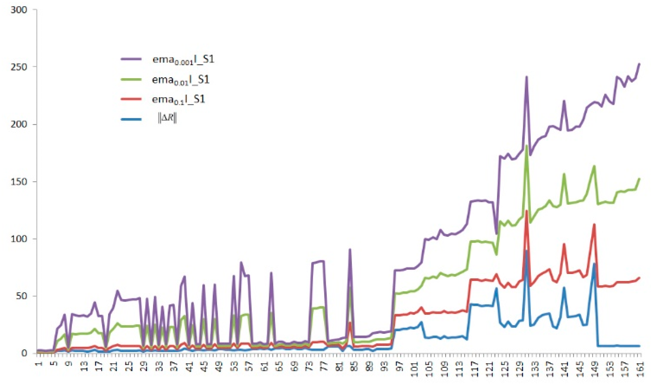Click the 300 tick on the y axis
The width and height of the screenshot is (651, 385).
[x=19, y=10]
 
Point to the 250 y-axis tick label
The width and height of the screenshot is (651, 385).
[x=19, y=67]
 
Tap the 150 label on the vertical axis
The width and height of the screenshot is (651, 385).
[x=19, y=182]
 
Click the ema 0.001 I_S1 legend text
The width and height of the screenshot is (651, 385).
[x=183, y=59]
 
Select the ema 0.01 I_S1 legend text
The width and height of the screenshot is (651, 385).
[x=181, y=79]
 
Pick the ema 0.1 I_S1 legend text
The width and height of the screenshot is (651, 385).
[x=178, y=100]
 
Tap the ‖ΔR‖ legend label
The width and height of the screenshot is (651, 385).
[x=167, y=118]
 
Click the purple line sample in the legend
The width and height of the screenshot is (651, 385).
[x=131, y=59]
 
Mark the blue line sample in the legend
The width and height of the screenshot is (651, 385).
[x=131, y=119]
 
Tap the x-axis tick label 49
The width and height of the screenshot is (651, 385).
[x=220, y=366]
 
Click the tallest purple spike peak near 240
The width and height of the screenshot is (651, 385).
[x=527, y=77]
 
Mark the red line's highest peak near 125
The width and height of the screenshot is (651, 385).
[x=527, y=210]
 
